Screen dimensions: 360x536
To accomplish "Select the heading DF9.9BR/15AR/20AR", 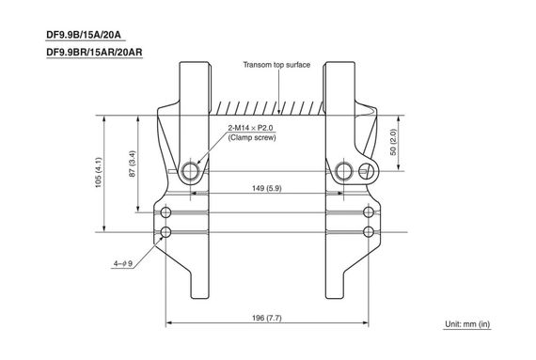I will pos(93,53).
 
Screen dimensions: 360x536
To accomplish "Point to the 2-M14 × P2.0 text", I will pos(252,127).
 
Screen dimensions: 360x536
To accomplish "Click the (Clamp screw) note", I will pos(250,138).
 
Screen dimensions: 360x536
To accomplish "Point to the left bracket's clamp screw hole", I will pos(191,170).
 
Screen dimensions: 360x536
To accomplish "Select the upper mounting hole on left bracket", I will pos(166,210).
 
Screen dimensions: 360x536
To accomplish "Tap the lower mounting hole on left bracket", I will pos(166,231).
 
